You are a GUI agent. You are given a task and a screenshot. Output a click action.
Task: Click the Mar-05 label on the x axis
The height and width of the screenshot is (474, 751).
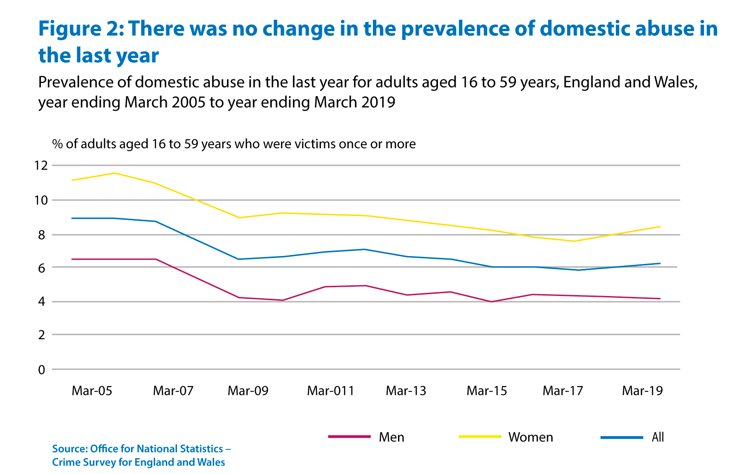(92, 391)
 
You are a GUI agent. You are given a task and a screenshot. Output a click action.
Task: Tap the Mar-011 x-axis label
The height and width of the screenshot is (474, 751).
(330, 391)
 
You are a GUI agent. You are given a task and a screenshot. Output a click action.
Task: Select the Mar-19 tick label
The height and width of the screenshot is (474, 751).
(642, 391)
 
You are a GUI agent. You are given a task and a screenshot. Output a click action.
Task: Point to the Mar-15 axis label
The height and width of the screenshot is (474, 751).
(487, 391)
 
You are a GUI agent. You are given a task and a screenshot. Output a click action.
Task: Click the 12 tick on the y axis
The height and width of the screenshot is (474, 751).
(40, 165)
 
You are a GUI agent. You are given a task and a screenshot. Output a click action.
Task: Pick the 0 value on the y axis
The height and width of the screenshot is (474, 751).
(42, 370)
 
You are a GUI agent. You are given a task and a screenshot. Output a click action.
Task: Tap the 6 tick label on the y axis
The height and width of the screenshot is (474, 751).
(42, 268)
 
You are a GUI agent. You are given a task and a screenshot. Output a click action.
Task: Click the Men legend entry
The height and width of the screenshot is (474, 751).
(392, 437)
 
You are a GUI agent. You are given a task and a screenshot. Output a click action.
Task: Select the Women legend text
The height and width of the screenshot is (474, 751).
(530, 437)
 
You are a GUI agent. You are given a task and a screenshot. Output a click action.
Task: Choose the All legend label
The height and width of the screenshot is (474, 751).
(658, 437)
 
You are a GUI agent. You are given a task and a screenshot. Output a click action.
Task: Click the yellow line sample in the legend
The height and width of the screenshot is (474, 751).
(480, 437)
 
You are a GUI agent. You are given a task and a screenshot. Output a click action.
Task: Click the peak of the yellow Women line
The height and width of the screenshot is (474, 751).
(115, 173)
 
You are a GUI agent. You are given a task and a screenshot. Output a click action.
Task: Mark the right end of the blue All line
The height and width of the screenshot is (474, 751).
(660, 263)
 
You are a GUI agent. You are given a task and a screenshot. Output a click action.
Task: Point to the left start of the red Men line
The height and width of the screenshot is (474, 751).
(72, 259)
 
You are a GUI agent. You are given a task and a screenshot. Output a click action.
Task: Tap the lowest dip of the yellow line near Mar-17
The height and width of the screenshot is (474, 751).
(575, 241)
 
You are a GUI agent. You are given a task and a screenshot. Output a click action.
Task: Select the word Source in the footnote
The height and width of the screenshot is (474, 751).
(69, 449)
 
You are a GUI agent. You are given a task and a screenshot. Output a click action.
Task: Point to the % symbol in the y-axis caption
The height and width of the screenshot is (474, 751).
(57, 144)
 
